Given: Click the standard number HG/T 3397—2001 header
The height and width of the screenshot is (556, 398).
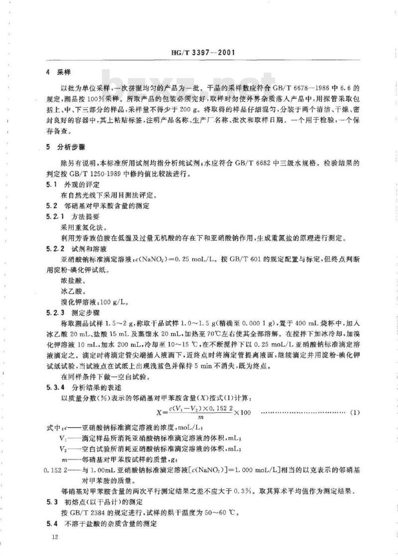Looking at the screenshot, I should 199,52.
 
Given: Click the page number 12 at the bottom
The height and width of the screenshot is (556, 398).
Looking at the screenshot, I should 48,537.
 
